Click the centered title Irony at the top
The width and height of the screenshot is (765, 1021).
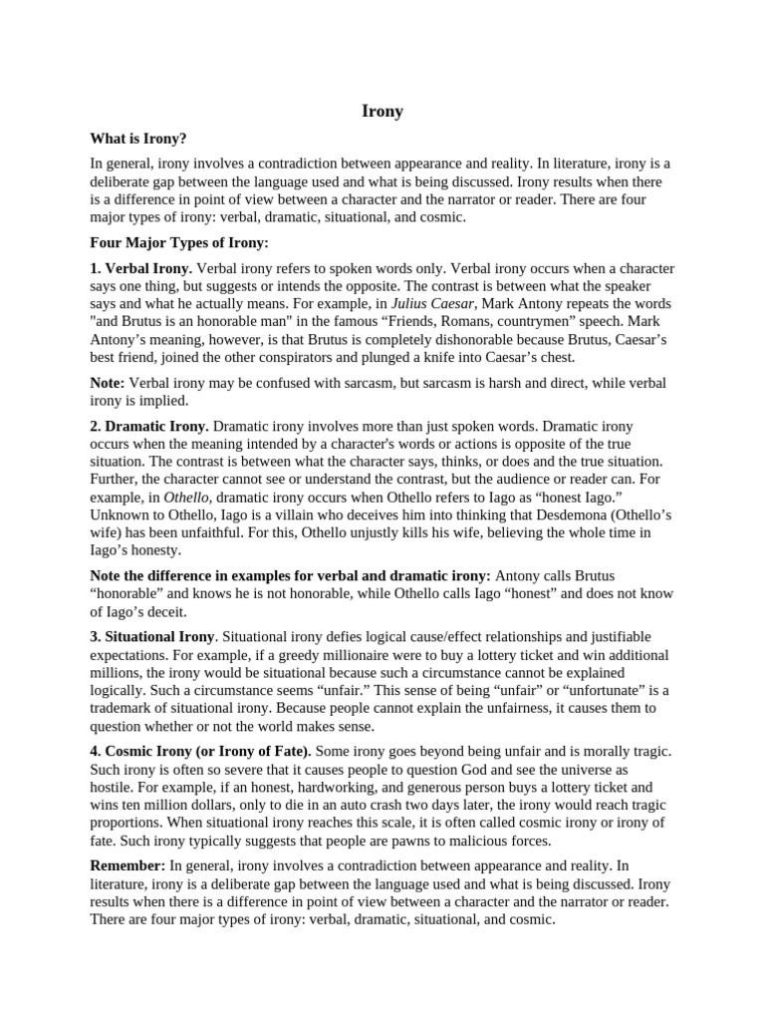(x=382, y=112)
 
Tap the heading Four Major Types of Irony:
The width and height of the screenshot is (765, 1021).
(x=179, y=242)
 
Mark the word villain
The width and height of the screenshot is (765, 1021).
(x=281, y=514)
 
